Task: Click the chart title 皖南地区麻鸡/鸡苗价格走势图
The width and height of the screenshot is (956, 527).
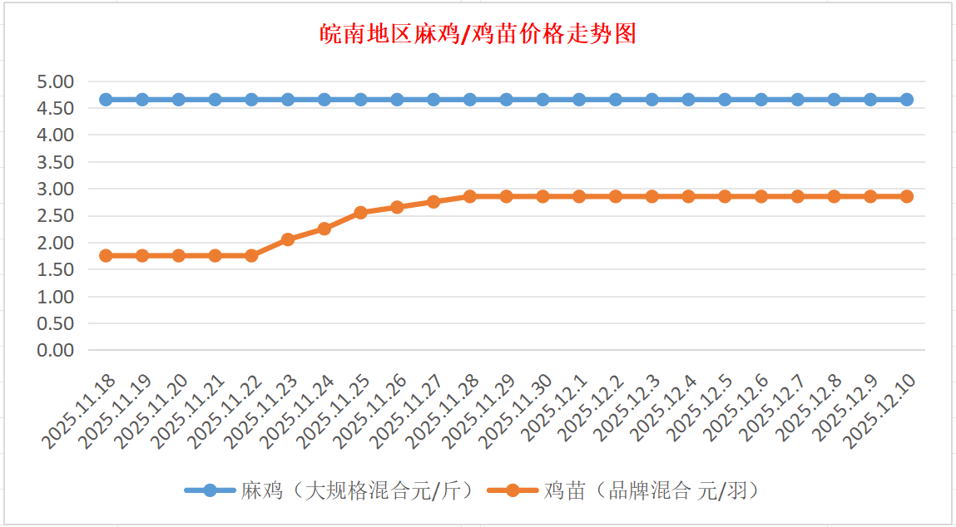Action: [478, 34]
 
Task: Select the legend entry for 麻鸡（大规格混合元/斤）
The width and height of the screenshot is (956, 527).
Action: [333, 490]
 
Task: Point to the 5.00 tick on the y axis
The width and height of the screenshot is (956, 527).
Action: [56, 81]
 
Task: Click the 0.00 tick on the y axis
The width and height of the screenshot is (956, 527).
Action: [56, 350]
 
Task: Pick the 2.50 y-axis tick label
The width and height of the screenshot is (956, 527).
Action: [56, 216]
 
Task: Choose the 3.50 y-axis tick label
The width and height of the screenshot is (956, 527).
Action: [56, 162]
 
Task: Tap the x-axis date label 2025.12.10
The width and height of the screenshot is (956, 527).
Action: [882, 411]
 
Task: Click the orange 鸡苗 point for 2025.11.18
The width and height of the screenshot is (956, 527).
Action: [106, 255]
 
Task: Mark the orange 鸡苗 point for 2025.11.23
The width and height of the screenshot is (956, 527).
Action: [288, 239]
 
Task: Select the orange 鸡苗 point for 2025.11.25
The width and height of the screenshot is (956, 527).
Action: [361, 213]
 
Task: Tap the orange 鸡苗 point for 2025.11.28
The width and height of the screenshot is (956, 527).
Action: [470, 196]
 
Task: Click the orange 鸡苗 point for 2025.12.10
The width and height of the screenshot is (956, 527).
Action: [907, 196]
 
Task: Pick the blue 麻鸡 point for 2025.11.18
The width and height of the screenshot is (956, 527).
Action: [106, 100]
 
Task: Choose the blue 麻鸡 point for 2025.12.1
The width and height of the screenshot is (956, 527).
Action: [579, 100]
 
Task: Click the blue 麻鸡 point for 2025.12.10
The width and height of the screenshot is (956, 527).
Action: [907, 100]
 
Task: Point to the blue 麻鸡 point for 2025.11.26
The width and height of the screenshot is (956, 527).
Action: [397, 100]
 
